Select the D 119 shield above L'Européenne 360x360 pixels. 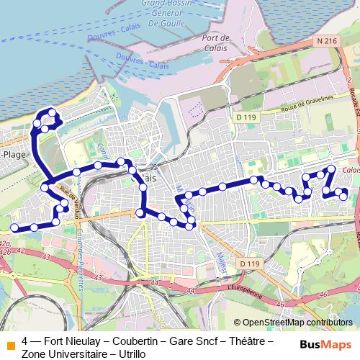pos(248,264)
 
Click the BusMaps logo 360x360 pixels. pos(325,343)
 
